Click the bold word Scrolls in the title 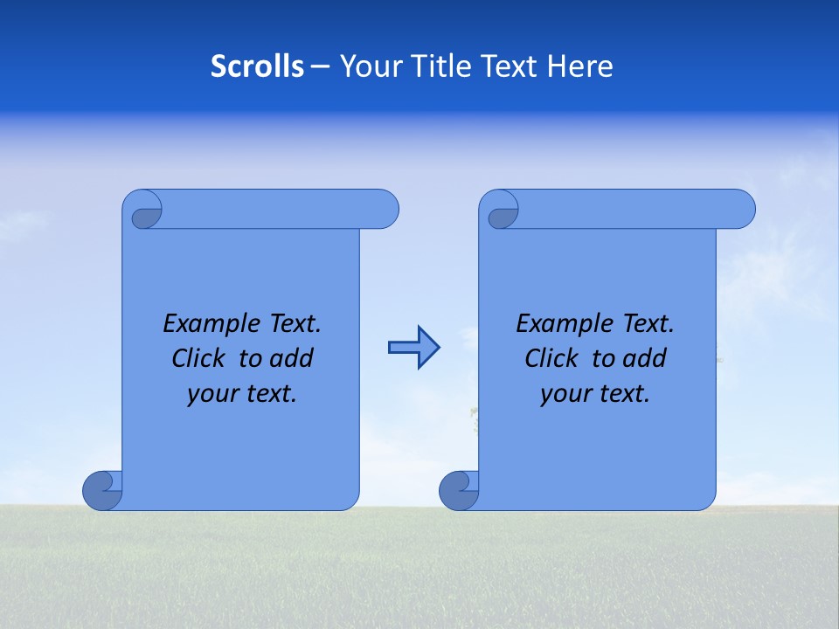(257, 66)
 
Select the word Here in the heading (580, 66)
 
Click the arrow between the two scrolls (413, 347)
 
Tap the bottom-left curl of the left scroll (102, 490)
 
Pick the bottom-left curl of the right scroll (459, 490)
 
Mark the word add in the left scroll (292, 358)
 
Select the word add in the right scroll (645, 358)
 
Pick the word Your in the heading (364, 66)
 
